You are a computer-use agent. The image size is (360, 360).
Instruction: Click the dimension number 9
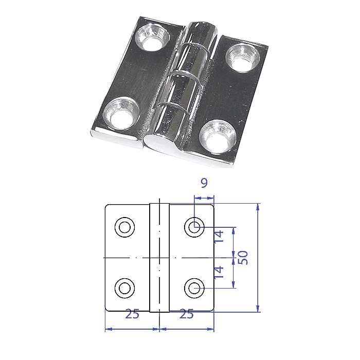coord(204,183)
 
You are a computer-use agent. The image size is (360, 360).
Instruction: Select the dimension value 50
coord(243,258)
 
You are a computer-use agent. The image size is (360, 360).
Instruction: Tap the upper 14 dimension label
coord(219,236)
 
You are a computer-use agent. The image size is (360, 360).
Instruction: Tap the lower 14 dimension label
coord(219,272)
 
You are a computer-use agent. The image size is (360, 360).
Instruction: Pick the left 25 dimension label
coord(132,314)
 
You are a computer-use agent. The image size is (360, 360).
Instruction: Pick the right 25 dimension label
coord(186,314)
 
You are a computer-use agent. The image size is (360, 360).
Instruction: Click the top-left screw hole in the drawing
coord(124,227)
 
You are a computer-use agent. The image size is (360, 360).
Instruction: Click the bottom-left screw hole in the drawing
coord(124,288)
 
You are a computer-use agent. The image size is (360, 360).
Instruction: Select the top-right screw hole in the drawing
coord(194,227)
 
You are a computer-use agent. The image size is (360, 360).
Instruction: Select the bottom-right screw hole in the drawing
coord(194,288)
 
